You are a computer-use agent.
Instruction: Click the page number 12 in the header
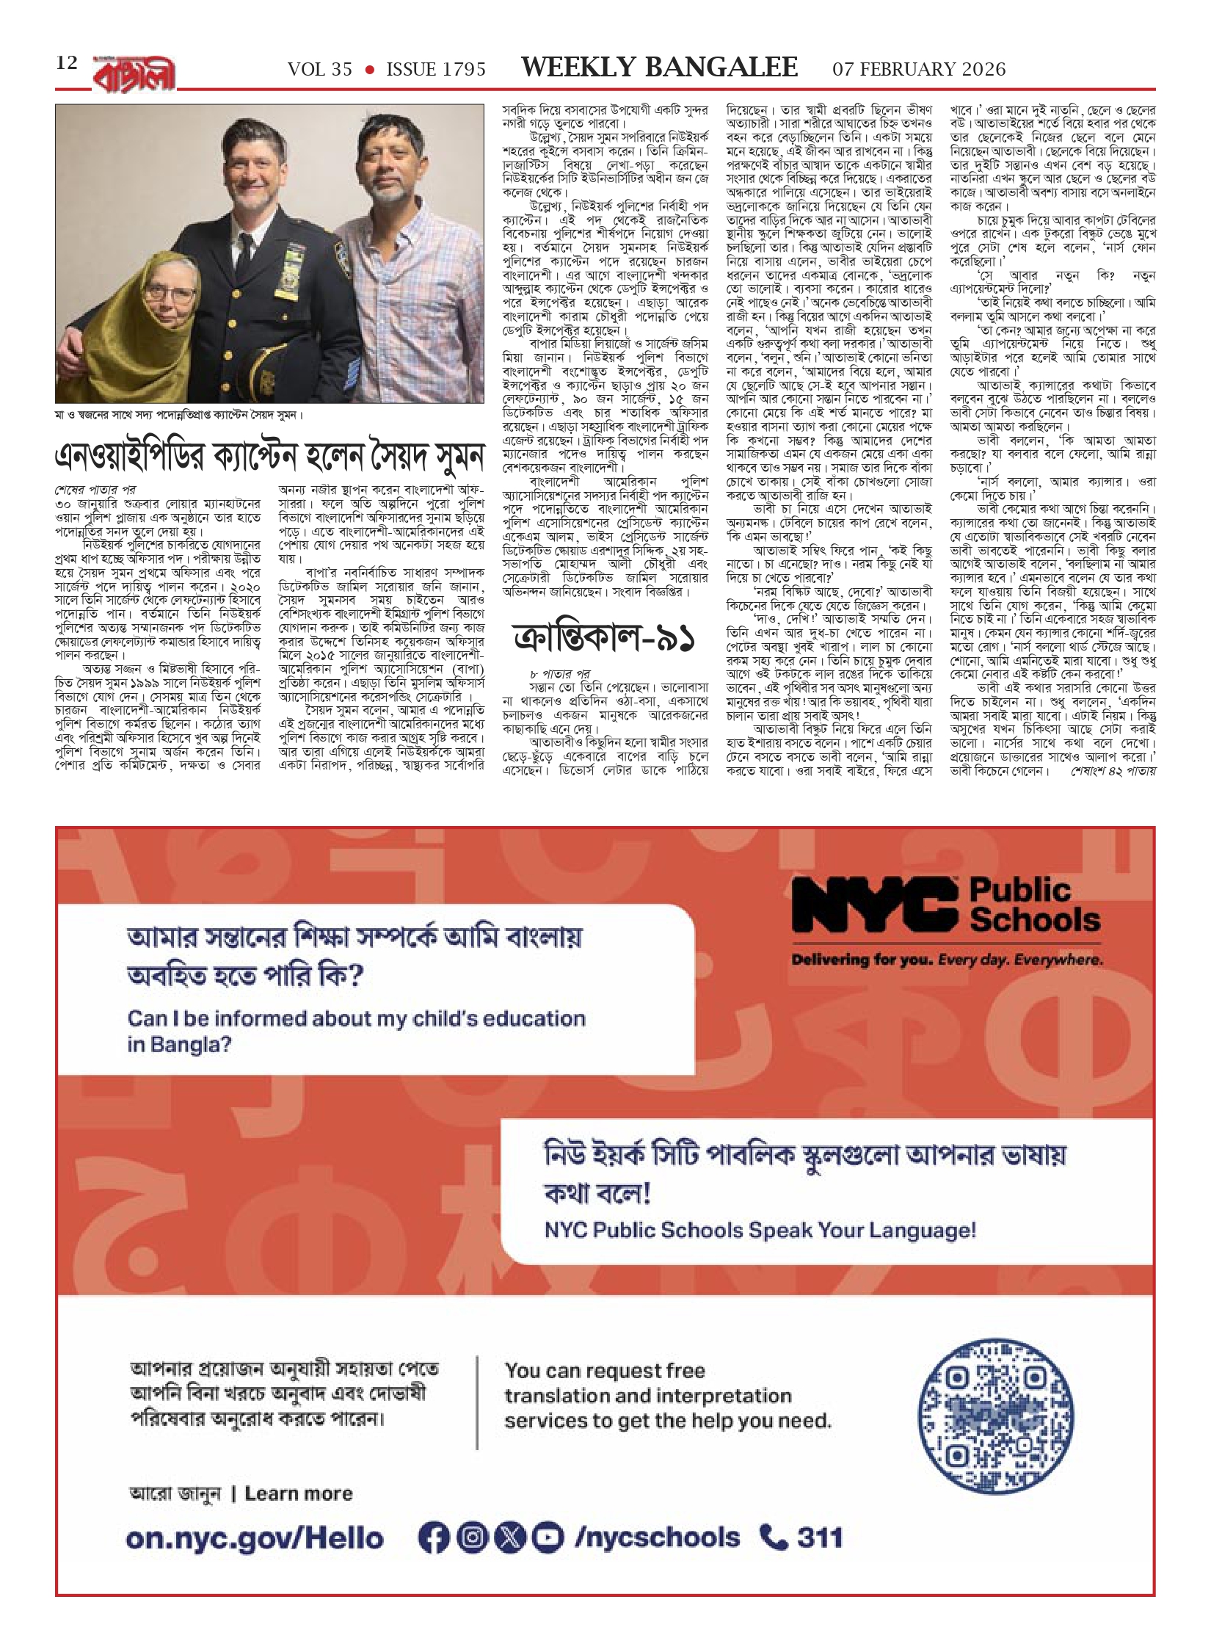[x=67, y=63]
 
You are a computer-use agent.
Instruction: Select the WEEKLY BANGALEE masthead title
[x=659, y=68]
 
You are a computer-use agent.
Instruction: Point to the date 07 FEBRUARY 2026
[x=919, y=69]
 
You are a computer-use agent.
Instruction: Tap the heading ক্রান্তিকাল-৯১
[x=605, y=640]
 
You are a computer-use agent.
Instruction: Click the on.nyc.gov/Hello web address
[x=255, y=1535]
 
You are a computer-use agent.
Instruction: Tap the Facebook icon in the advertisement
[x=434, y=1535]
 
